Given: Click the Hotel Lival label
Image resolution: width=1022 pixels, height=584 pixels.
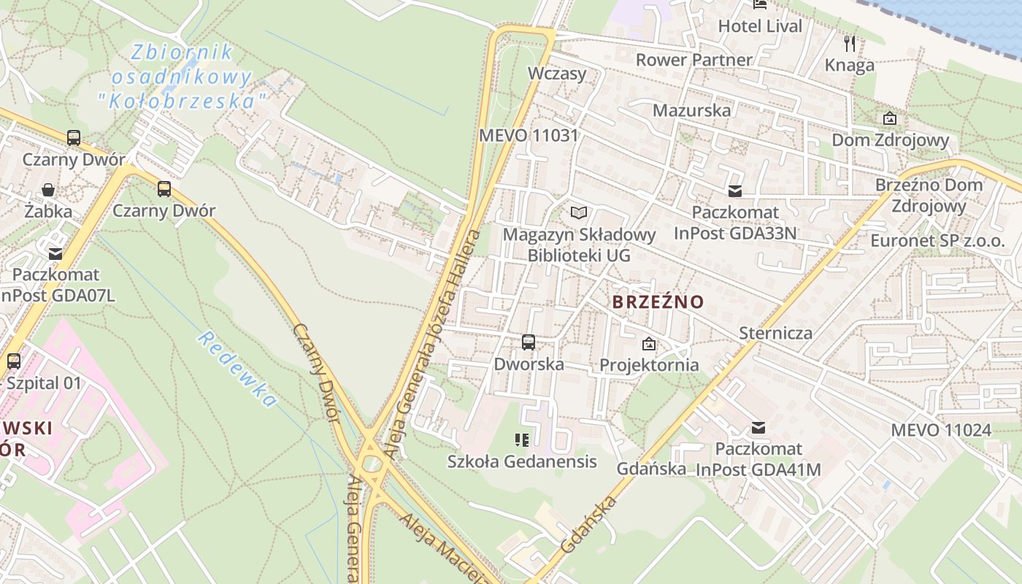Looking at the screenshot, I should (760, 26).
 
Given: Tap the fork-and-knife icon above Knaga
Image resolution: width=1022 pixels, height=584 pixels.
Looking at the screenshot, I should (849, 44).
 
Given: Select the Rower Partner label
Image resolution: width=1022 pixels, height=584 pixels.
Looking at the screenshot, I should (693, 60).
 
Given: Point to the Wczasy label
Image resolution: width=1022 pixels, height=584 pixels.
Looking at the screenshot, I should (557, 74).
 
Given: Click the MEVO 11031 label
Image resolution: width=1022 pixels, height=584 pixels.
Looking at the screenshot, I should (529, 135).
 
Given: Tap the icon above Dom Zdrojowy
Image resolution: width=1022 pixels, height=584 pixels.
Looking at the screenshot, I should (890, 118).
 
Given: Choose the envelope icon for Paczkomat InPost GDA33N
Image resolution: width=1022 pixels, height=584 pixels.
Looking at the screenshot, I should (734, 191).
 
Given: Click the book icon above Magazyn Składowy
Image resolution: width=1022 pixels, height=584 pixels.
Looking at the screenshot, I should (579, 212).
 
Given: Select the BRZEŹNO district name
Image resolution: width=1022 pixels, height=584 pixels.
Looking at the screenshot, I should (658, 301).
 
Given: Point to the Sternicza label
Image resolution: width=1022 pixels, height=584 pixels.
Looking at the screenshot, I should (775, 333).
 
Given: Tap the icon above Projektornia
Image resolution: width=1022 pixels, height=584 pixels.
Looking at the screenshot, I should (648, 344).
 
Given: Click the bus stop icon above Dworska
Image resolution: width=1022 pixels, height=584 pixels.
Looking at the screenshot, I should (529, 342).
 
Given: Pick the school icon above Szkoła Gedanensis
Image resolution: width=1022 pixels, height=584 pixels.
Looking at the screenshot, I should (521, 439).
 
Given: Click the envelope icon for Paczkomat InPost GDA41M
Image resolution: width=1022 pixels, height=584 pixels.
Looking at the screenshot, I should (758, 428).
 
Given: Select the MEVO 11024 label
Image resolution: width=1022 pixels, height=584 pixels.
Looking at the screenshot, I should (941, 430).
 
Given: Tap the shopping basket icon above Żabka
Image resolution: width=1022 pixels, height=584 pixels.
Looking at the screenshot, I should (48, 191).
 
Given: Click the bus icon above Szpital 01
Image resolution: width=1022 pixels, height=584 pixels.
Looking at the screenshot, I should (13, 361).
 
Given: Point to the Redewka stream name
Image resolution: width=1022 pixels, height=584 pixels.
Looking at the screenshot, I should (237, 369).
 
